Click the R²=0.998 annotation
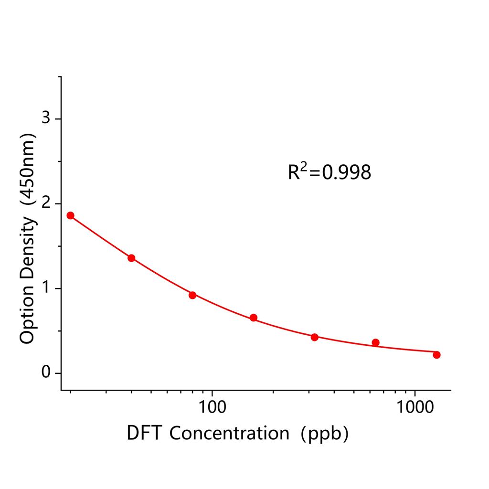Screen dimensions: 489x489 point(329,172)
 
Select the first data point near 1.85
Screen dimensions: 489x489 point(70,215)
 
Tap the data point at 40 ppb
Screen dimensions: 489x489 point(131,258)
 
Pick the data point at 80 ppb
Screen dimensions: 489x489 point(192,295)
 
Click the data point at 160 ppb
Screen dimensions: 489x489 point(254,318)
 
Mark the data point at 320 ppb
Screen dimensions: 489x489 point(315,337)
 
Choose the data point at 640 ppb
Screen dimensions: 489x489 point(376,342)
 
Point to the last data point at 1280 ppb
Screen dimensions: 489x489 point(436,354)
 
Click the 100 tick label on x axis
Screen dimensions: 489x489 point(212,407)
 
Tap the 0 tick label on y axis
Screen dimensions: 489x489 point(46,372)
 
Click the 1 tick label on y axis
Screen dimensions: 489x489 point(46,288)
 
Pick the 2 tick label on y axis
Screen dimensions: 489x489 point(46,203)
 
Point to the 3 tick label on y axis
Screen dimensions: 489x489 point(46,118)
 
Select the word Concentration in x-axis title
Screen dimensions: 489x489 point(229,433)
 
